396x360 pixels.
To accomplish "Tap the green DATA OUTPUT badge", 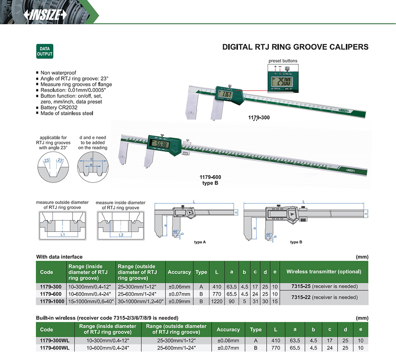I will pos(44,51).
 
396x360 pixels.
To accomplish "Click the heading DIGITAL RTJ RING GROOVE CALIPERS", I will pos(295,47).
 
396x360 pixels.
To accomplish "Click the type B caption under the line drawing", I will pos(296,242).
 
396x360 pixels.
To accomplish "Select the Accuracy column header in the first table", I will pos(179,272).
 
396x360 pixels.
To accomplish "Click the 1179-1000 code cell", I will pos(51,301).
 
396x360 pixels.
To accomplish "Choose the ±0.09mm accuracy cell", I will pos(179,301).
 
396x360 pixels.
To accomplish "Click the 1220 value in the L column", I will pos(216,301).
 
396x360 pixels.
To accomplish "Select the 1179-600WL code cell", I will pos(55,348).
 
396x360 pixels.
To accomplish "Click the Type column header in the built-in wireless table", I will pos(256,329).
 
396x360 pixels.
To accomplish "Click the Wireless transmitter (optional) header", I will pos(324,272).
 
